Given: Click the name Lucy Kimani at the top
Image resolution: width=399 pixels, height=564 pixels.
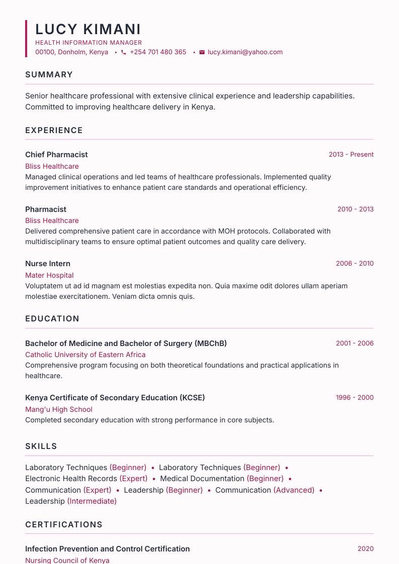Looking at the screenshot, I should [x=88, y=29].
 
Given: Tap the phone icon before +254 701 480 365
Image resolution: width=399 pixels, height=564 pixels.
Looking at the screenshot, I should [x=124, y=52].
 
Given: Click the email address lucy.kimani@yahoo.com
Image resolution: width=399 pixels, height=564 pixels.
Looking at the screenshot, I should [x=245, y=52].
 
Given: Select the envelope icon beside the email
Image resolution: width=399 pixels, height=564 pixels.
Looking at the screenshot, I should [x=202, y=52].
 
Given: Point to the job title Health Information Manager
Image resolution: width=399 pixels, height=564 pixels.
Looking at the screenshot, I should [x=88, y=43].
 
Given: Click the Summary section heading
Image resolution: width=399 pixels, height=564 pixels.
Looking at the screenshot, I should [x=49, y=75].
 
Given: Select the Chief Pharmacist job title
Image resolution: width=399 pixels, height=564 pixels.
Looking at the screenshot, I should [x=56, y=155].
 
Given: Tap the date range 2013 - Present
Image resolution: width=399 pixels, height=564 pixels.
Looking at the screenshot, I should [x=351, y=155].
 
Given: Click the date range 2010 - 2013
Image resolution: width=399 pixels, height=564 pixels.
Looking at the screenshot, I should [x=355, y=209].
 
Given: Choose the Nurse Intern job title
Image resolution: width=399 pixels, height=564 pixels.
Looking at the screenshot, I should [x=48, y=264].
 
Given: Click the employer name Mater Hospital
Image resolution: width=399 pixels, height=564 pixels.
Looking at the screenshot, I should [x=49, y=275].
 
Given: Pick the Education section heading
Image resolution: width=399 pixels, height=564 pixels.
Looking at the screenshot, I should [x=52, y=319].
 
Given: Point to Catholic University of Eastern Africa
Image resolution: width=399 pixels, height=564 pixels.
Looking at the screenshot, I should [x=85, y=355].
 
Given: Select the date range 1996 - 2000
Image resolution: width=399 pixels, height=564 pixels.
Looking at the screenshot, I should [x=355, y=398].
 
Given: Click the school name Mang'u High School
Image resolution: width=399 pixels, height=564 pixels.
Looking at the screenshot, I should [x=59, y=409].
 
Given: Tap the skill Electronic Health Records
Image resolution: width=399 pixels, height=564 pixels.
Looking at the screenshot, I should [x=71, y=479].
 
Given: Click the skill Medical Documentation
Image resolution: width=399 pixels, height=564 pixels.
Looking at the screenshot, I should [x=202, y=479].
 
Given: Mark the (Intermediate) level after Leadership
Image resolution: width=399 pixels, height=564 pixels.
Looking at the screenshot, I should [x=92, y=501].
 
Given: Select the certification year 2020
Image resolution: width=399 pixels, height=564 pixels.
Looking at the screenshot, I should [x=365, y=549].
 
